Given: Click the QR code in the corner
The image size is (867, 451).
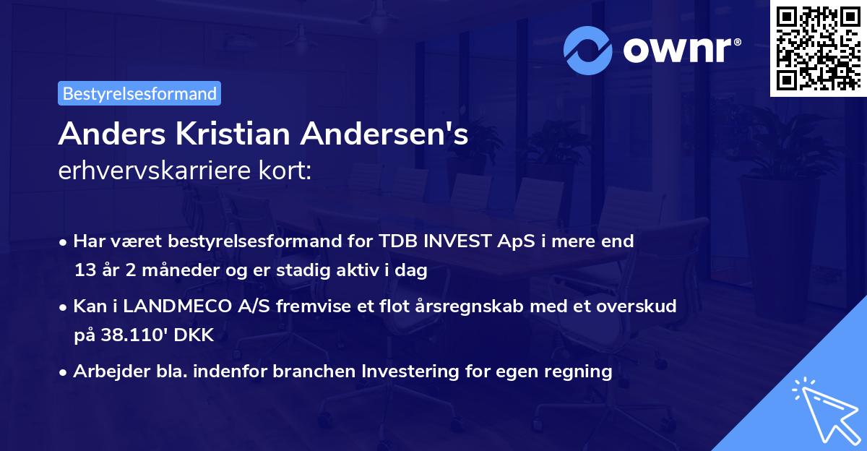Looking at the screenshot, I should (818, 48).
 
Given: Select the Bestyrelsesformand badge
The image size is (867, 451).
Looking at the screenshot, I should (139, 93).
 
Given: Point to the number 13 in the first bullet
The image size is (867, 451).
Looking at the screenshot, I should (84, 271).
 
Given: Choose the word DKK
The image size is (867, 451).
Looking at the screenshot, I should (195, 336).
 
